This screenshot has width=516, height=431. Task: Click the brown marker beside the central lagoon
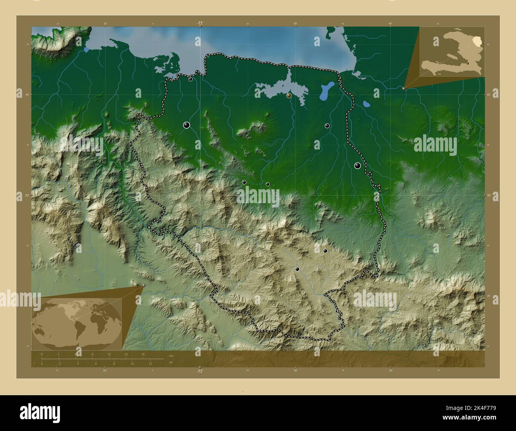[289, 95]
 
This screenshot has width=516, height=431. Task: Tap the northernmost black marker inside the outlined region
[191, 79]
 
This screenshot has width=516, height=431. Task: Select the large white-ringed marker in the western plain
[187, 125]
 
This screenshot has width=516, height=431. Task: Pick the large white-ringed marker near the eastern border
[358, 166]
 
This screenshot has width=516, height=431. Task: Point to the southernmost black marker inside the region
[297, 269]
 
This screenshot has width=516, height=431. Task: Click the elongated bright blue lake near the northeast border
[326, 91]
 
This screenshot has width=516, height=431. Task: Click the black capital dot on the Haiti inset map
[468, 63]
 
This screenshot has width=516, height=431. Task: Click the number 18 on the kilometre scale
[142, 354]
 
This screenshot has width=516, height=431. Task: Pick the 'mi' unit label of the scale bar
[171, 362]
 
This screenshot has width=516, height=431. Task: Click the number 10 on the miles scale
[132, 364]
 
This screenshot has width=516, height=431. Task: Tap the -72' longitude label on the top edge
[200, 23]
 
